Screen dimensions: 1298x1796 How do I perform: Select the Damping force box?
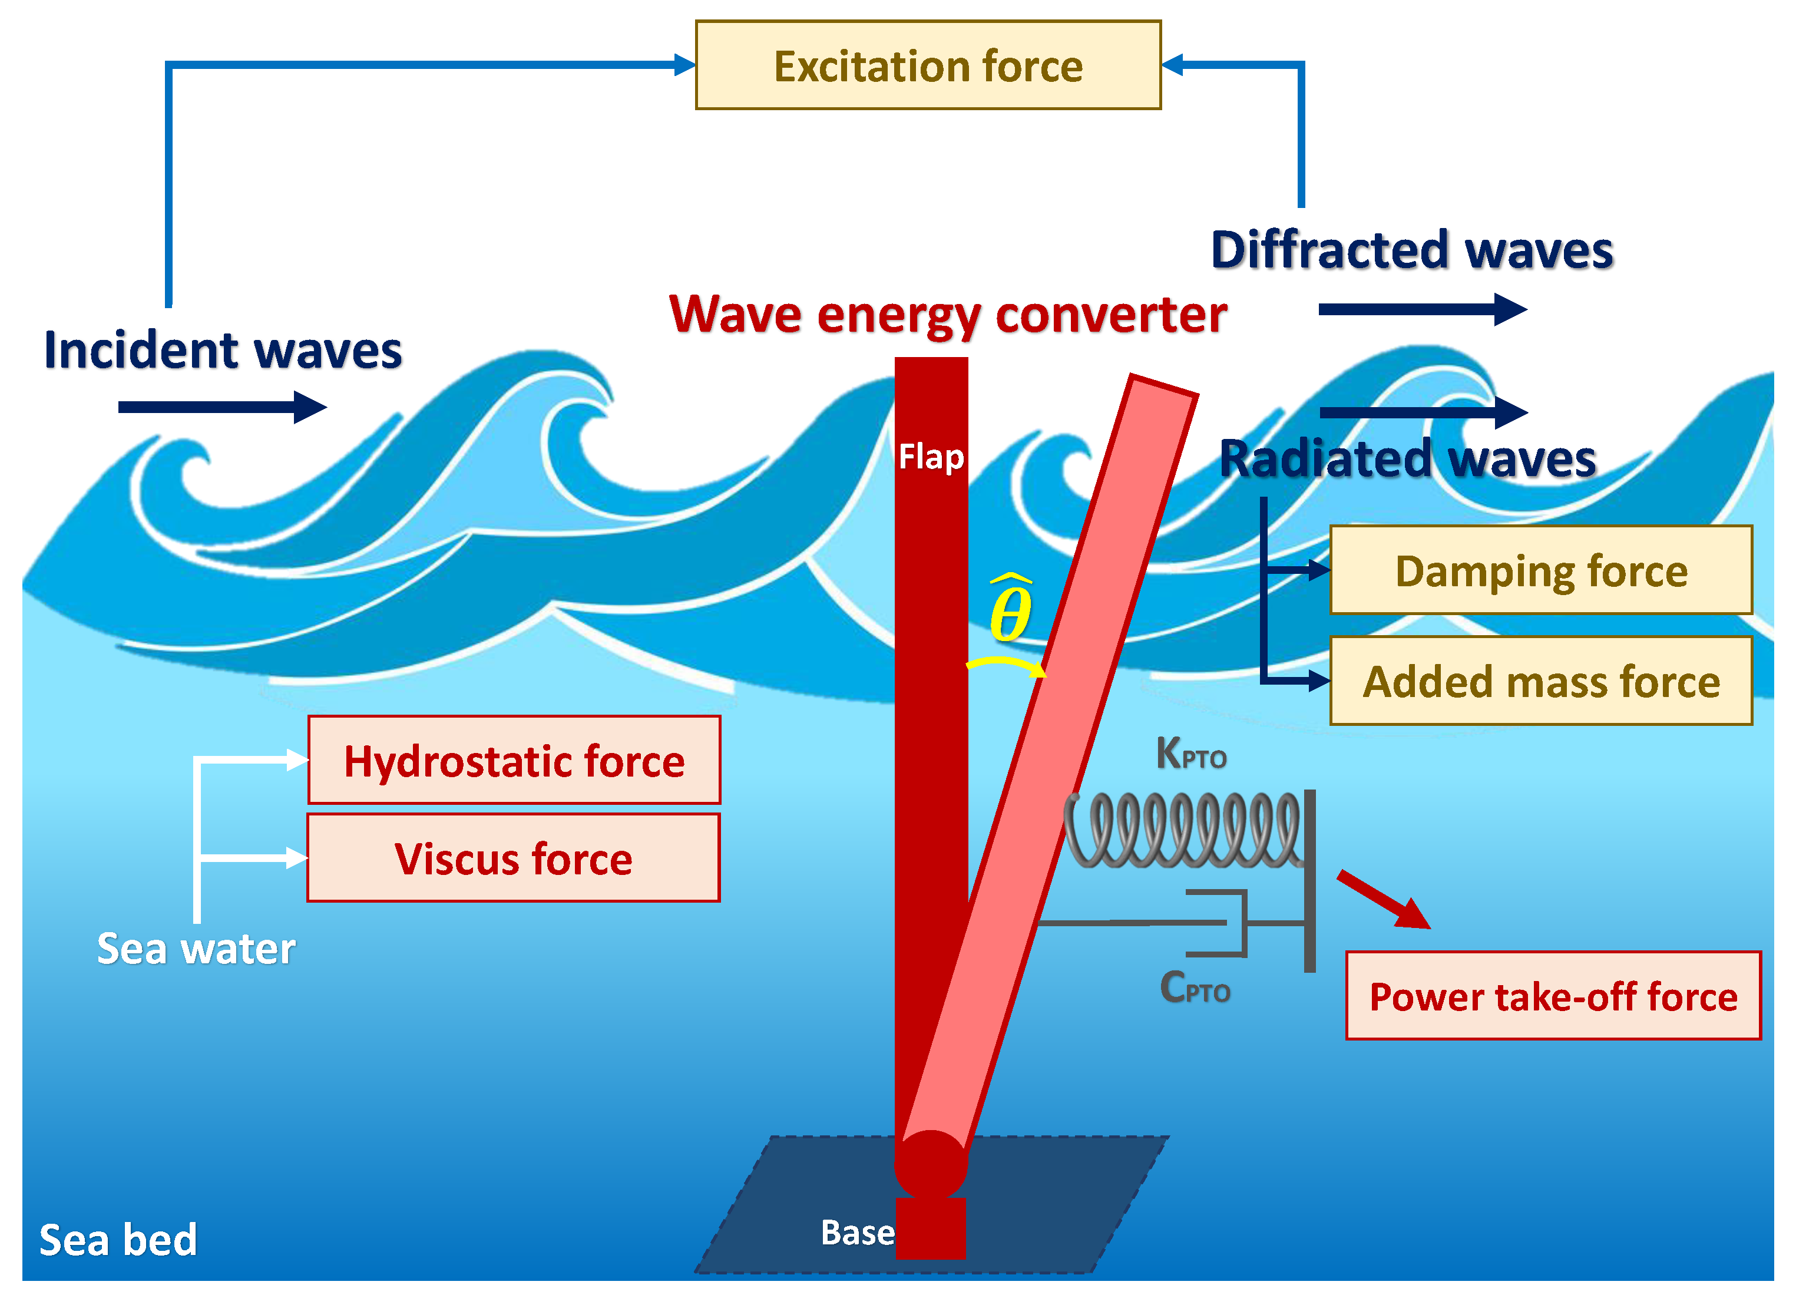pos(1540,570)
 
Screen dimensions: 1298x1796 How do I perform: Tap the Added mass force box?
pos(1540,681)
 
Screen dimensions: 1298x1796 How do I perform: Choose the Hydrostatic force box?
pos(514,760)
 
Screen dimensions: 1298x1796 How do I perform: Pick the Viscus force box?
pos(513,858)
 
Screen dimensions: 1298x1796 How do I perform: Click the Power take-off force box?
pos(1553,996)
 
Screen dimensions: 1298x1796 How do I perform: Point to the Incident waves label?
pos(223,350)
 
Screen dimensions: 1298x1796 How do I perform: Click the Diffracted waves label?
pos(1411,250)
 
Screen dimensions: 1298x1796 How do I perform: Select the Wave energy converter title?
pos(947,315)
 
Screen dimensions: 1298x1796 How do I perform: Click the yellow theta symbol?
pos(1010,610)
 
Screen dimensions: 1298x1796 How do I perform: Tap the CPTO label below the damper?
pos(1194,987)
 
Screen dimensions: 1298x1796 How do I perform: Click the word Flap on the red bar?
pos(931,457)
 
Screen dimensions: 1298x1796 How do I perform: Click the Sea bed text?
pos(118,1240)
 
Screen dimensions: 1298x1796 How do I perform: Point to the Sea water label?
pos(196,948)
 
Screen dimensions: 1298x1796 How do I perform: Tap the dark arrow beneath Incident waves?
pos(221,407)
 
